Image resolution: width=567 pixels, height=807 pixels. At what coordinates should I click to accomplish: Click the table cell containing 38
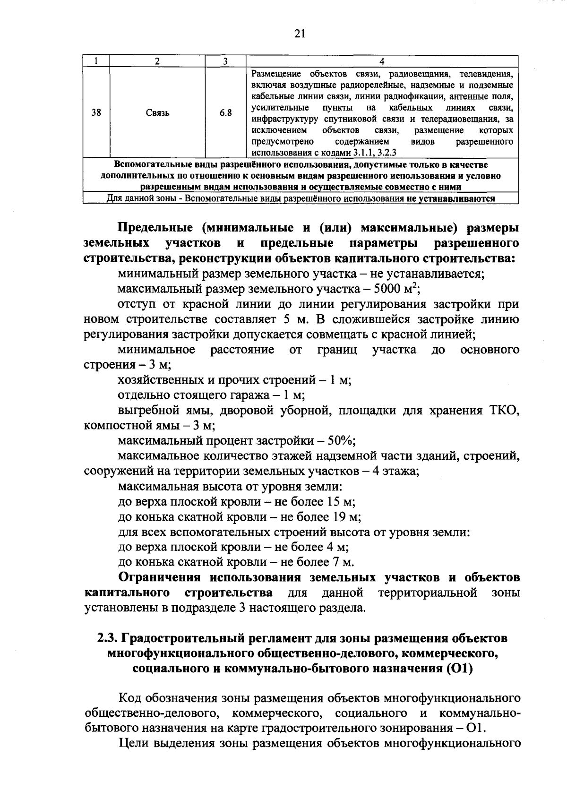click(96, 113)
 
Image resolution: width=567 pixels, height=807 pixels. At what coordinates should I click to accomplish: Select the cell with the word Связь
click(157, 113)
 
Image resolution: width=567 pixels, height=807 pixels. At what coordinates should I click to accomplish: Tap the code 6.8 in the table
click(226, 113)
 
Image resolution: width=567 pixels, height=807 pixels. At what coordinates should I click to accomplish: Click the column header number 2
click(157, 61)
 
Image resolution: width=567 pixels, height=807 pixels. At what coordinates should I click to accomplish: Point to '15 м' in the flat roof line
click(341, 501)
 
